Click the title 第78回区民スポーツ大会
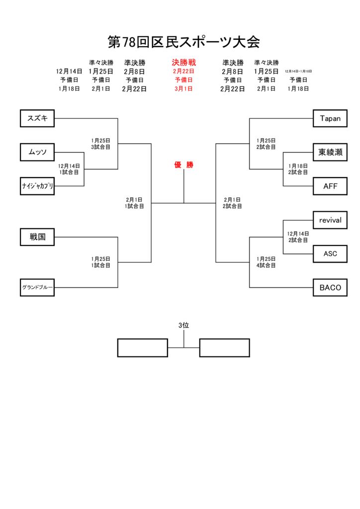[184, 42]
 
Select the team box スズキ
[37, 118]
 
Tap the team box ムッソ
[37, 152]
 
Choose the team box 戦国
[37, 237]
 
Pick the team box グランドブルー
[37, 287]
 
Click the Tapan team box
[330, 118]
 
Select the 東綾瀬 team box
[330, 152]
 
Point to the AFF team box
[330, 186]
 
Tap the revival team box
[330, 220]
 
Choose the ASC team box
[330, 254]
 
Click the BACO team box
[330, 287]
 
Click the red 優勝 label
[183, 165]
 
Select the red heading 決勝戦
[183, 63]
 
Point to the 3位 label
[183, 325]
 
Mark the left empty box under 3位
[142, 347]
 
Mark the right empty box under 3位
[224, 347]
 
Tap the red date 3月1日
[183, 89]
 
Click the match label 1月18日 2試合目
[298, 169]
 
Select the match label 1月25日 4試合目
[266, 262]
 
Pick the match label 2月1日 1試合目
[134, 203]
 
